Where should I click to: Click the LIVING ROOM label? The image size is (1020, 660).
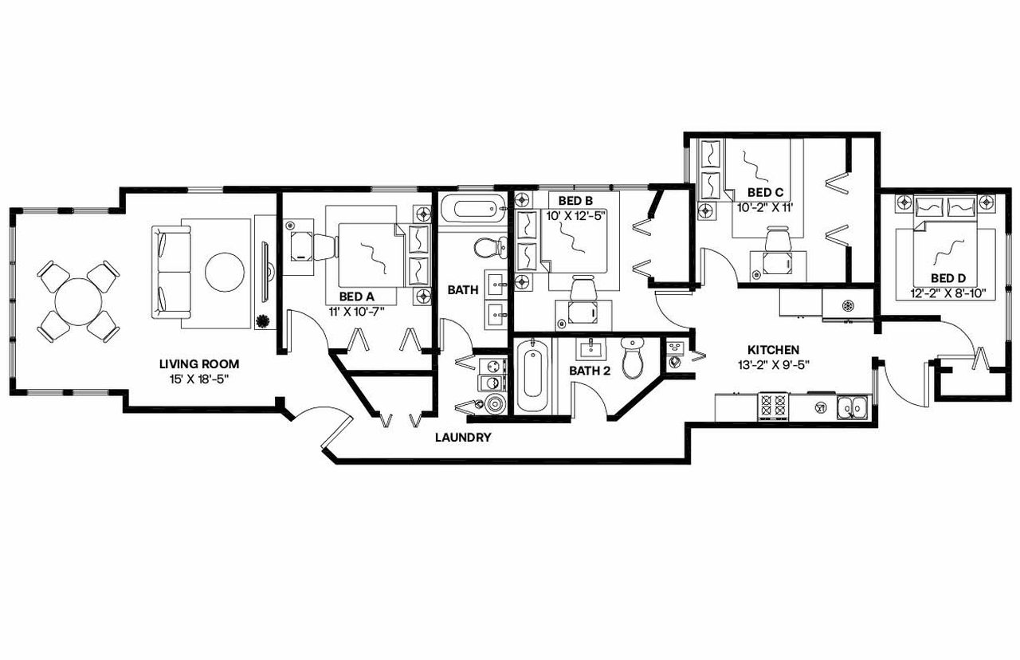[x=198, y=363]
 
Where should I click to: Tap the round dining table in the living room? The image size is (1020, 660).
[x=78, y=301]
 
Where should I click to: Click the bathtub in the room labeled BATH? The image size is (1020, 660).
[x=473, y=210]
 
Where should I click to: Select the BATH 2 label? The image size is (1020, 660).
[x=589, y=371]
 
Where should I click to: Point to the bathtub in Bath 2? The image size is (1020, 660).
[x=532, y=375]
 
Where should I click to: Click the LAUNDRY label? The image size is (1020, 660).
[x=462, y=438]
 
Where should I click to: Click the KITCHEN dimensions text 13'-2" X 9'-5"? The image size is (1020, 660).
[x=773, y=366]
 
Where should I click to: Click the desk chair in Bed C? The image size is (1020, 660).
[x=777, y=238]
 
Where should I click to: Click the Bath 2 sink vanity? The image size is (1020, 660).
[x=590, y=348]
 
